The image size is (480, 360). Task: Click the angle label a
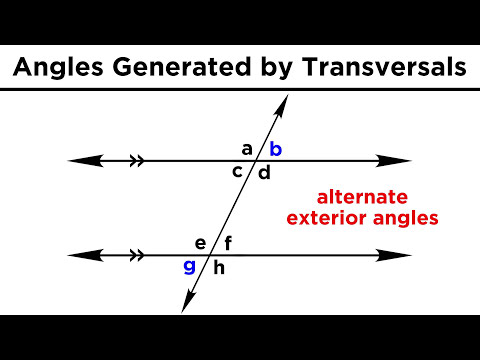247,149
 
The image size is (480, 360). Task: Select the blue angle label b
276,150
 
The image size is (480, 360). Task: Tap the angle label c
238,171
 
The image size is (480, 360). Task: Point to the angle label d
265,173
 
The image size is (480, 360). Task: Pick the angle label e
200,243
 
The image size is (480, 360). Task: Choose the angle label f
228,243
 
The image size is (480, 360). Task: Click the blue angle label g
189,266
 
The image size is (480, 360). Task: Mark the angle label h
219,267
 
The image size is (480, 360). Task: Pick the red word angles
411,217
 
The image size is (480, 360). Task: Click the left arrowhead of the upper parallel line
80,160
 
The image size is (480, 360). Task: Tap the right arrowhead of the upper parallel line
399,160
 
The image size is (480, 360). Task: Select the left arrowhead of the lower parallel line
80,256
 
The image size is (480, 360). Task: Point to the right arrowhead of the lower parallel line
399,256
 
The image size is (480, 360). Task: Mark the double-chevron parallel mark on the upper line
137,160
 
